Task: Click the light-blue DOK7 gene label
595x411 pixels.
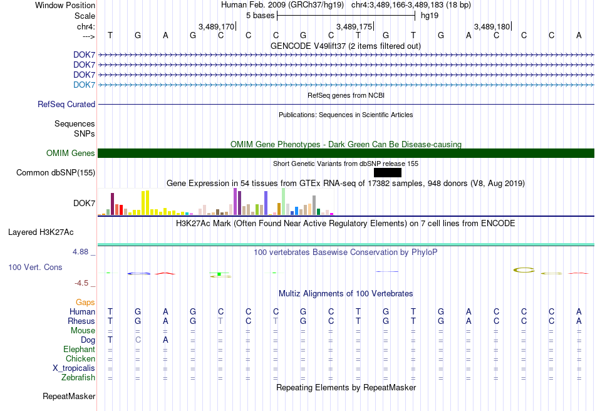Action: [84, 85]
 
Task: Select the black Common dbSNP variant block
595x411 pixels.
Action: [388, 173]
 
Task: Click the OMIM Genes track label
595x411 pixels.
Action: [71, 153]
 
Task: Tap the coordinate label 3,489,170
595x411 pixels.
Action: [216, 26]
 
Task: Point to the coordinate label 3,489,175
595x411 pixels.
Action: [354, 26]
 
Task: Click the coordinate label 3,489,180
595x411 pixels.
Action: [492, 26]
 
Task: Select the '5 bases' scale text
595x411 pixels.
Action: [260, 16]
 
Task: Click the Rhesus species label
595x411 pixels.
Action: [81, 321]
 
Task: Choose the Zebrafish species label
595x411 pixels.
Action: [78, 377]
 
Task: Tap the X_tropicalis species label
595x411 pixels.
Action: [74, 368]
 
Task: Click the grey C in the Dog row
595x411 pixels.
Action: [138, 340]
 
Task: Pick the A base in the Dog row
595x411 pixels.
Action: [165, 340]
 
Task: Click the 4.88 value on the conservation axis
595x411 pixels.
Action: [80, 252]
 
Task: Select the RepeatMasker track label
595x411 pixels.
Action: [69, 396]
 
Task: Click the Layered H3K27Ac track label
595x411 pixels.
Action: [41, 232]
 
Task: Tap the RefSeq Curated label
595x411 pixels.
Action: [66, 105]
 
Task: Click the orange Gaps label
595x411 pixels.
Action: [85, 302]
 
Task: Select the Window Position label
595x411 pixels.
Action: [65, 5]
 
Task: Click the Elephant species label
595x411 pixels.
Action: [80, 349]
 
